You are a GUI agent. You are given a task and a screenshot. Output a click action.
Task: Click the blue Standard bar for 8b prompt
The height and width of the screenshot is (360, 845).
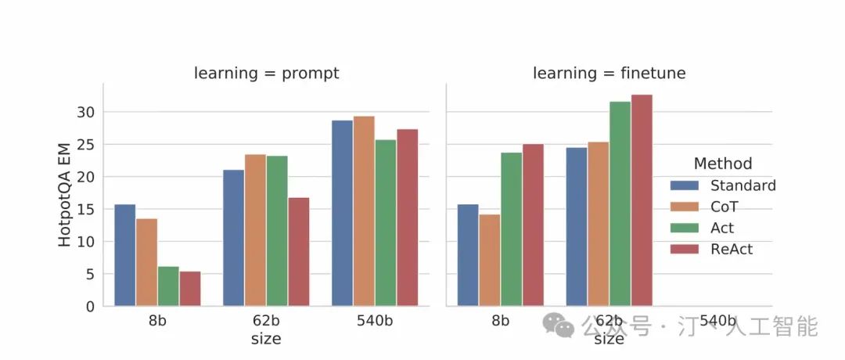(125, 255)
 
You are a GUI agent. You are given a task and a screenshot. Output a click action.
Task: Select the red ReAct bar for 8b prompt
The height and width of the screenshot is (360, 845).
(190, 289)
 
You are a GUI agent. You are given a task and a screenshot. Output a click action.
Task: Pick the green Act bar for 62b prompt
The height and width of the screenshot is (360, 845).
(277, 231)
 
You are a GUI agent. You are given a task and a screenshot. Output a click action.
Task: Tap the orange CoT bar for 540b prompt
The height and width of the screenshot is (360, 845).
(364, 211)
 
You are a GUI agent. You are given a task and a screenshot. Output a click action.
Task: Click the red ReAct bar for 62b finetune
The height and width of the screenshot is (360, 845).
(642, 200)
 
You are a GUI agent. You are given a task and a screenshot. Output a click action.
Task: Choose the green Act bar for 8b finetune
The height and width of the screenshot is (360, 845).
(512, 229)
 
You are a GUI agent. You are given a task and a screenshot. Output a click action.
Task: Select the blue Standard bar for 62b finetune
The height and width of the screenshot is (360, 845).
(577, 227)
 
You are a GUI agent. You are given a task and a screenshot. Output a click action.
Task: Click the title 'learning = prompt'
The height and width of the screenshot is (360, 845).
(267, 74)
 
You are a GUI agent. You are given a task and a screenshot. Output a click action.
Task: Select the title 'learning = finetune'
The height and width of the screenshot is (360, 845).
(609, 74)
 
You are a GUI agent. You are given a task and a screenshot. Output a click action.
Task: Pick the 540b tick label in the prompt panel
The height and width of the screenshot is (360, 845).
(375, 321)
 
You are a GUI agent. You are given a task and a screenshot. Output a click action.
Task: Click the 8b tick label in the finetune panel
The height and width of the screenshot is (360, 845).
(501, 321)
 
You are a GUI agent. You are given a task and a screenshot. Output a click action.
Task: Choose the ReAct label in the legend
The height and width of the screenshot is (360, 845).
(731, 249)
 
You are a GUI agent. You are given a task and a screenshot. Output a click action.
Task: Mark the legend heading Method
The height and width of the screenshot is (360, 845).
(723, 164)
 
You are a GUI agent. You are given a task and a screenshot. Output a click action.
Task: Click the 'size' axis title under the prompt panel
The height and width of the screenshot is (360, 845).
(266, 339)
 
